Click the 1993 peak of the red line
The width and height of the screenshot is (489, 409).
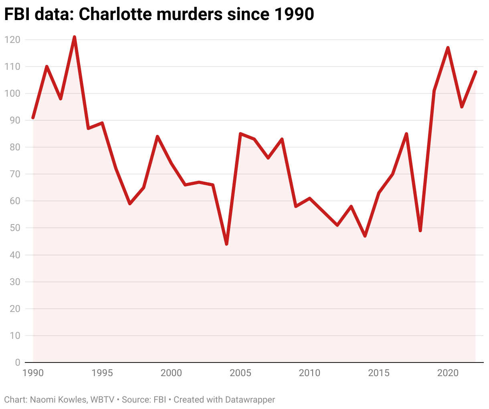(x=75, y=37)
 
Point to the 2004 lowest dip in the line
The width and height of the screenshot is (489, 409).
(x=226, y=244)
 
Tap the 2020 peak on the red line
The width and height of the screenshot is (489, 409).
(x=448, y=48)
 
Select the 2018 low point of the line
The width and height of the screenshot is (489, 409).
(x=420, y=231)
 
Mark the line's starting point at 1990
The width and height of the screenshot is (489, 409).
(x=33, y=118)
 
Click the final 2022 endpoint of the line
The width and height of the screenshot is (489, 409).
(x=475, y=72)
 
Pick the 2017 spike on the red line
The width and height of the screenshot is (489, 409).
(x=406, y=134)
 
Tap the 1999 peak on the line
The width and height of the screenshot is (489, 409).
(x=158, y=137)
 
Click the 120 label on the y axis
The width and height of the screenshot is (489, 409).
(x=12, y=40)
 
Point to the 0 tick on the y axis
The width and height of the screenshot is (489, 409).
(x=17, y=362)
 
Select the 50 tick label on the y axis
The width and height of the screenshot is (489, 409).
(x=14, y=228)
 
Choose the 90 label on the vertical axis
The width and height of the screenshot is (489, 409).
(x=14, y=120)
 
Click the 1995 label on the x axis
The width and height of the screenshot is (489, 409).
(x=102, y=373)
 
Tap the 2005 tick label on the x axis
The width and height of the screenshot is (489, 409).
(x=240, y=373)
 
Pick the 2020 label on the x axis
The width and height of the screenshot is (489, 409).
(x=448, y=373)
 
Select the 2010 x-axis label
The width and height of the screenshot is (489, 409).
(x=309, y=373)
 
